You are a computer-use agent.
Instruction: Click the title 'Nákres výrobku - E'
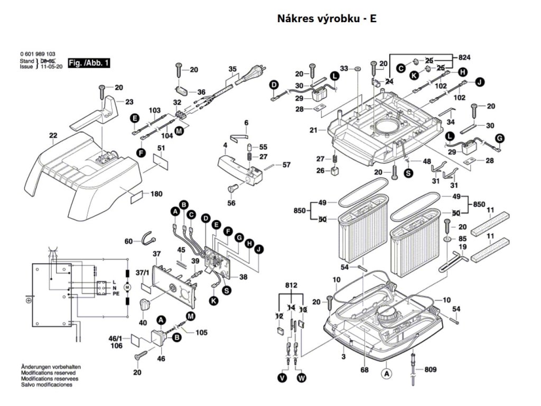pos(327,19)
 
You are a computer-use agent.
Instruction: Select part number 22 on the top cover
pos(53,136)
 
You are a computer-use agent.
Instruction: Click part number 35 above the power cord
pos(232,69)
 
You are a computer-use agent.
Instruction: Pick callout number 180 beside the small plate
pos(156,194)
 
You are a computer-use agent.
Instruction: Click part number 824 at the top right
pos(465,57)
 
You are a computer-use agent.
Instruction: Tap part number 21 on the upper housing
pos(313,130)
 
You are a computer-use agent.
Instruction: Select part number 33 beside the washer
pos(344,69)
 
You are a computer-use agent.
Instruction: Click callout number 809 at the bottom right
pos(431,370)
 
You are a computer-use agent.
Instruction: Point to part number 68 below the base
pos(364,370)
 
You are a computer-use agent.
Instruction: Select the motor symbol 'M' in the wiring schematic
pos(127,287)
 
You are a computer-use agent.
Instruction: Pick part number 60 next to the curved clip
pos(128,242)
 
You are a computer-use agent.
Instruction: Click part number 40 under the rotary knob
pos(143,322)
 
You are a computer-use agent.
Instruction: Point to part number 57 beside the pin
pos(286,165)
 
